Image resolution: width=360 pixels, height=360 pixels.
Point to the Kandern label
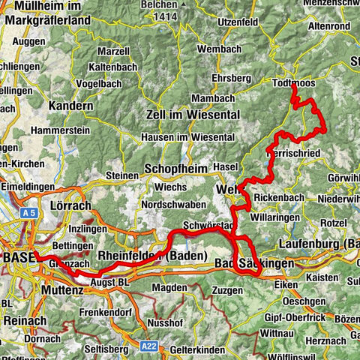point(70,106)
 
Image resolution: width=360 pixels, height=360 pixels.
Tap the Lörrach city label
point(69,205)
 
